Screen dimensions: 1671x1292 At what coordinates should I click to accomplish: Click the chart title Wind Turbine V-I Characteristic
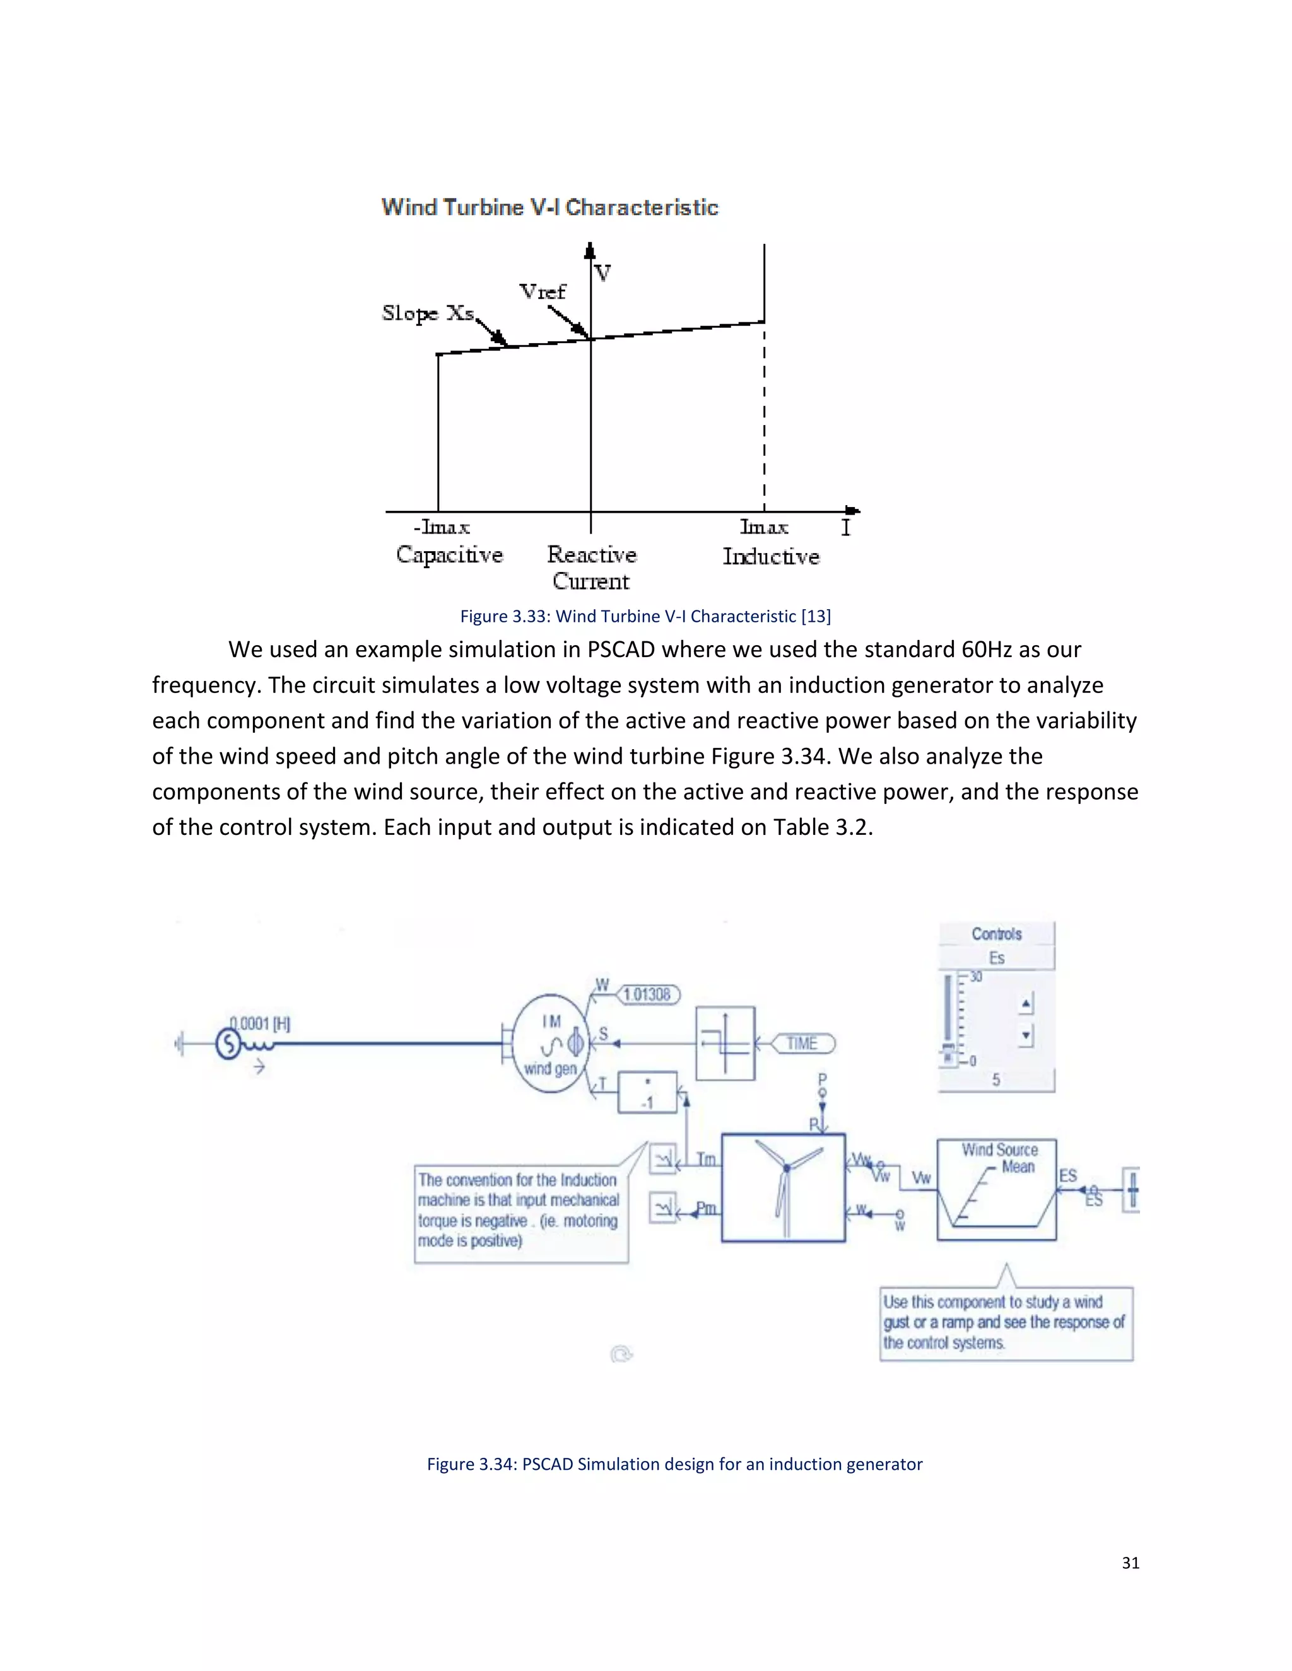[x=549, y=207]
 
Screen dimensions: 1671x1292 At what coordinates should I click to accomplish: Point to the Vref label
[x=542, y=291]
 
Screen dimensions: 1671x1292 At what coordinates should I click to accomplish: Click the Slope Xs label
[x=428, y=313]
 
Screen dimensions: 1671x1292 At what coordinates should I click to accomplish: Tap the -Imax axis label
[x=442, y=527]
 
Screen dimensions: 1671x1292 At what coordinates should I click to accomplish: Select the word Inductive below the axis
[x=771, y=556]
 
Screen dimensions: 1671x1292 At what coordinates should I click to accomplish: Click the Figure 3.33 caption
[x=645, y=616]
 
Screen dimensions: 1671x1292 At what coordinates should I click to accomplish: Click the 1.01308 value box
[x=647, y=994]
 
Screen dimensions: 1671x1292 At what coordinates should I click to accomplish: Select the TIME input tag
[x=802, y=1044]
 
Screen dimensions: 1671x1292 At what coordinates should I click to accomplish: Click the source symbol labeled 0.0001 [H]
[x=229, y=1044]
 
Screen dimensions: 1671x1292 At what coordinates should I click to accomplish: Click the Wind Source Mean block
[x=997, y=1189]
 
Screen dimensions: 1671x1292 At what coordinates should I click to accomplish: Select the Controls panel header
[x=997, y=933]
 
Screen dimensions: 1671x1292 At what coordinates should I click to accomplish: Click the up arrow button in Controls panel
[x=1027, y=1003]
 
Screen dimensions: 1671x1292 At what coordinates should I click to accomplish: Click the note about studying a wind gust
[x=1004, y=1322]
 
